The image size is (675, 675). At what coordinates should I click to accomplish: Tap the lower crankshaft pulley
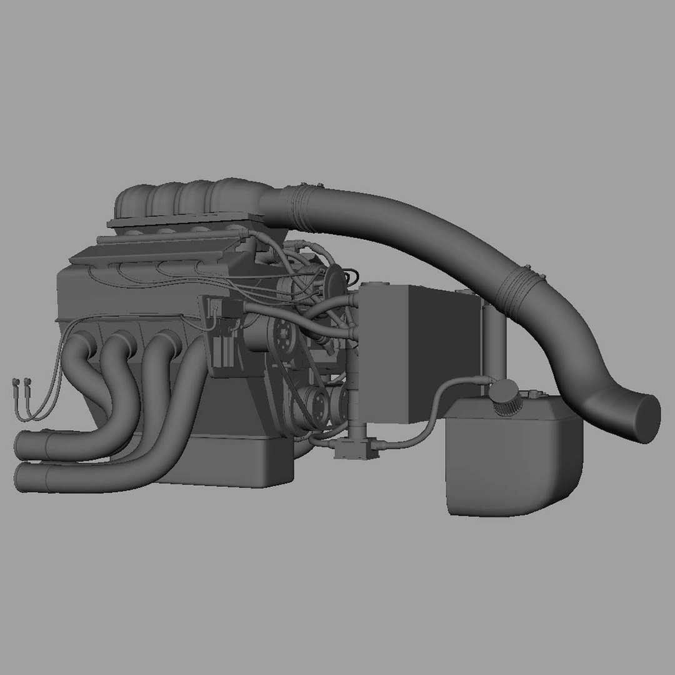pos(312,406)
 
